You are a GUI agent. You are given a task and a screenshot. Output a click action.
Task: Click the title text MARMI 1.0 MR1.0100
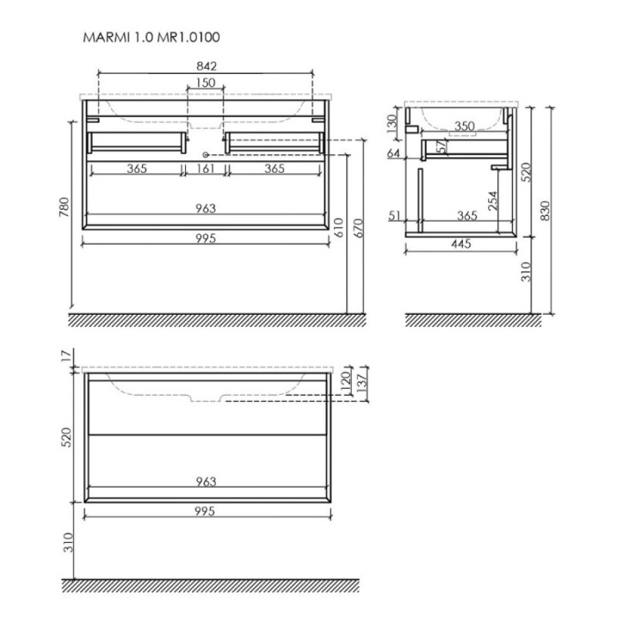152,38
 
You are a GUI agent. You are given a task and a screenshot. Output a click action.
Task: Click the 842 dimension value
206,66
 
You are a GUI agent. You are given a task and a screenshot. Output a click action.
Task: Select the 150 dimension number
206,83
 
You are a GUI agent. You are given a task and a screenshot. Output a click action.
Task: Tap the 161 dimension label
206,169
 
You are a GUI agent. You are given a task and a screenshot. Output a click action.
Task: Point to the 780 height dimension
64,207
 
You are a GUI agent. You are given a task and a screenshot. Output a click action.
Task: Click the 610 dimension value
339,228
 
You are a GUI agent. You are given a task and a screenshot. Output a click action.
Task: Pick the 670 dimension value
359,228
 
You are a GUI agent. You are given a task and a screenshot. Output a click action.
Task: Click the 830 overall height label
544,210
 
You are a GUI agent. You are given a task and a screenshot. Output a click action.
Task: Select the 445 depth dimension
461,244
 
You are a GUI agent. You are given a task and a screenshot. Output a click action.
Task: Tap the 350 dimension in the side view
465,126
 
